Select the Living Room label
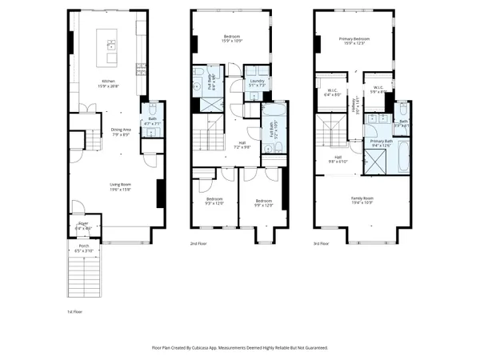pyautogui.click(x=120, y=187)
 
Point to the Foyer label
pyautogui.click(x=83, y=226)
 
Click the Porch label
pyautogui.click(x=83, y=249)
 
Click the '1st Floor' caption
pyautogui.click(x=74, y=310)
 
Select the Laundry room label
pyautogui.click(x=257, y=82)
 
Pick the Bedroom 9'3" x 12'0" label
pyautogui.click(x=214, y=201)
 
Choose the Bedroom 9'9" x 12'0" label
pyautogui.click(x=263, y=202)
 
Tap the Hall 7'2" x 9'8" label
pyautogui.click(x=241, y=145)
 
